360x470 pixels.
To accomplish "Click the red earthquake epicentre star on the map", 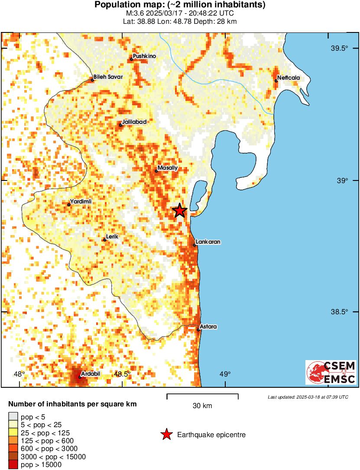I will point(180,211).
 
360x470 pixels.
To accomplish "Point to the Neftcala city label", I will point(289,77).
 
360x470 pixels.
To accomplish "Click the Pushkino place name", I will point(145,56).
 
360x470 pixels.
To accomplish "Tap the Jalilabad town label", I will point(134,122).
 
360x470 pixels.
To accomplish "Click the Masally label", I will point(168,167).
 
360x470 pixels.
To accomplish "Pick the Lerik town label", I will point(113,236).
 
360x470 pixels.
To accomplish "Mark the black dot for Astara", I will point(198,330).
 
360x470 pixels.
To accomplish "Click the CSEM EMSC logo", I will point(331,372).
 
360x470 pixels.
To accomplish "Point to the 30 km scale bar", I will point(202,394).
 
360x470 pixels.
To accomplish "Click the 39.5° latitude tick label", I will point(340,48).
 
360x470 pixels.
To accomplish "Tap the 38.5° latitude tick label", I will point(340,312).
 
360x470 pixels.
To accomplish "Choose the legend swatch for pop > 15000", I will point(13,464).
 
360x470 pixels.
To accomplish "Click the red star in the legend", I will point(166,435).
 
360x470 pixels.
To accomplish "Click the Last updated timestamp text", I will point(308,397).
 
